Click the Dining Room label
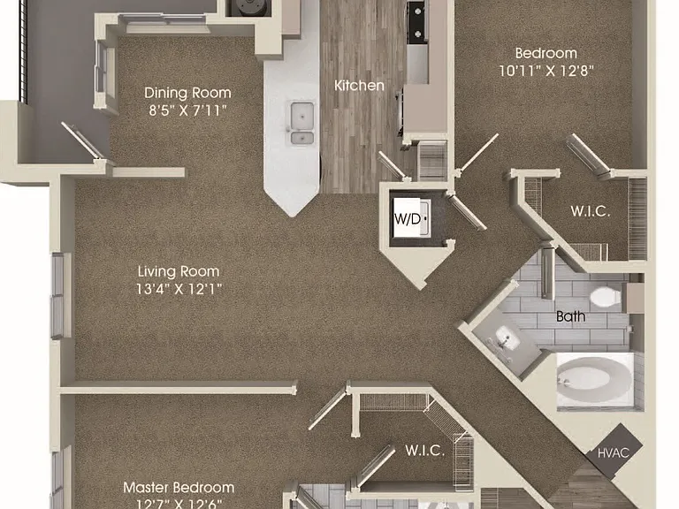click(x=187, y=93)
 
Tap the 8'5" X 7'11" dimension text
click(x=187, y=110)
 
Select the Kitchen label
click(x=359, y=85)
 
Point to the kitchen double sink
click(x=302, y=123)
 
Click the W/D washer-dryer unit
click(x=411, y=217)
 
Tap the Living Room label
click(x=179, y=271)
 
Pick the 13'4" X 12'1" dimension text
click(x=179, y=289)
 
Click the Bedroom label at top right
click(x=546, y=53)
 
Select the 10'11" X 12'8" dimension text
click(x=546, y=71)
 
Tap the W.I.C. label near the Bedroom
click(x=591, y=211)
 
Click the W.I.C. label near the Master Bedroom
click(x=424, y=451)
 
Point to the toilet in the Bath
click(x=606, y=297)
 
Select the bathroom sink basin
click(x=507, y=338)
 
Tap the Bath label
click(x=571, y=316)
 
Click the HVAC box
click(x=614, y=452)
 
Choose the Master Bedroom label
click(x=179, y=488)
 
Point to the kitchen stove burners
click(x=417, y=21)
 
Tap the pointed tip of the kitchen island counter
click(x=294, y=216)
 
